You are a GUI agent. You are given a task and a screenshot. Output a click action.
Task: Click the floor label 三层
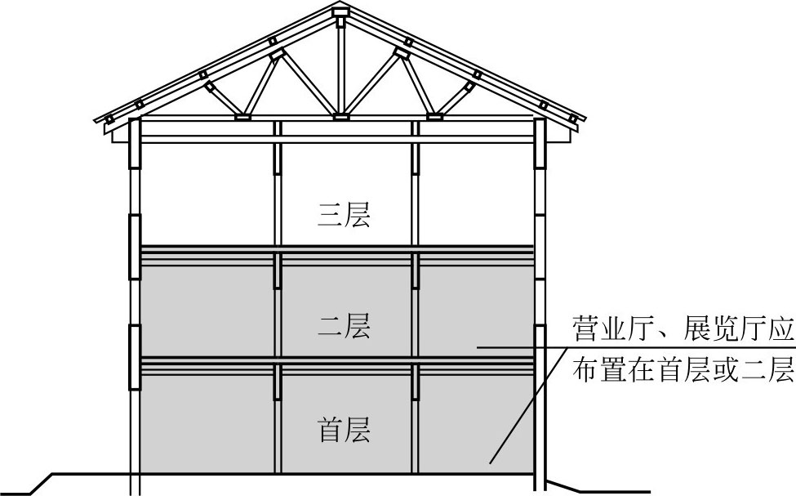click(x=343, y=216)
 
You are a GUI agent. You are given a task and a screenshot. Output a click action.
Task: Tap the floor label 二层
click(x=343, y=327)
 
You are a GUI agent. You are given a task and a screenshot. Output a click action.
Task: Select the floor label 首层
click(x=343, y=428)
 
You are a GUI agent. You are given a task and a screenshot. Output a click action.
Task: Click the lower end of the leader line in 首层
click(x=491, y=463)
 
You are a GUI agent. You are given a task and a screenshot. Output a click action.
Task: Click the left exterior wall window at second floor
click(x=135, y=356)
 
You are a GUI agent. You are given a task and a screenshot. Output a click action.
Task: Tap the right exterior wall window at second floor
click(x=539, y=356)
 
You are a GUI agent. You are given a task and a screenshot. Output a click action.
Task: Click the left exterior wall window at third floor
click(x=135, y=246)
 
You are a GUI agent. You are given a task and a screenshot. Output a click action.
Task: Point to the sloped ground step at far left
click(x=41, y=483)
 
